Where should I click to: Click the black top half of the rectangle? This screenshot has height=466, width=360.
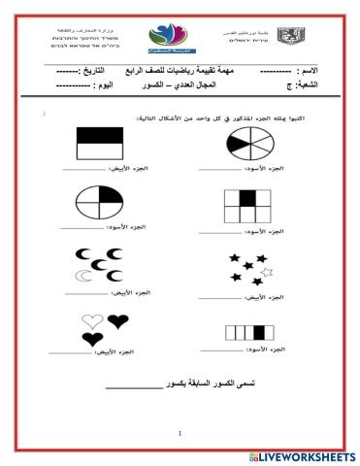pos(100,138)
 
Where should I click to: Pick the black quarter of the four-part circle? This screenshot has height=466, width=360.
pos(113,195)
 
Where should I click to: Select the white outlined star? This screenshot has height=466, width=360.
pos(268,270)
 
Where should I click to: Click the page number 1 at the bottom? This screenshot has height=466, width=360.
pos(180,432)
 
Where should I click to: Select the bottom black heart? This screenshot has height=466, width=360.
pos(93,338)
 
